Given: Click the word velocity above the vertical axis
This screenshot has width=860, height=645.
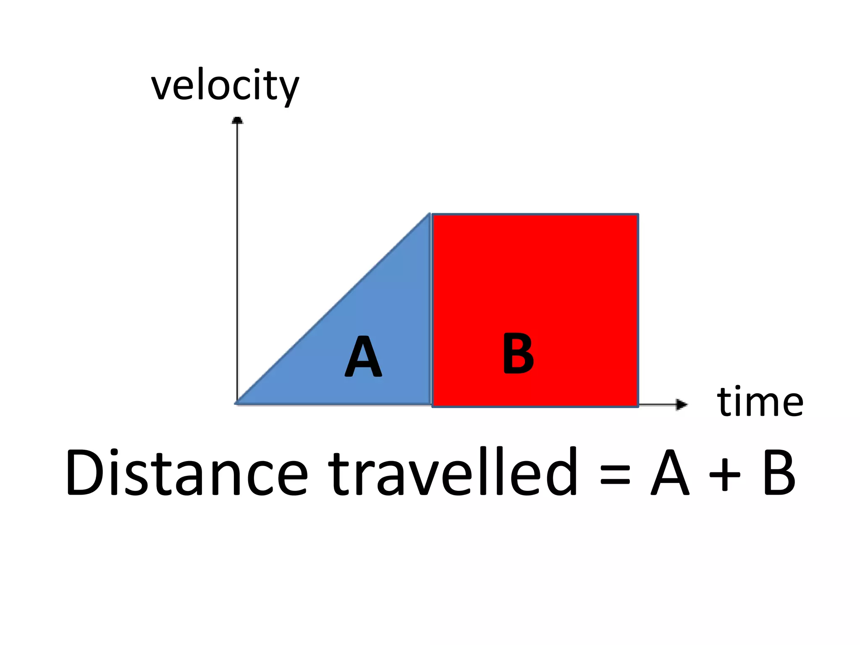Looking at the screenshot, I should pyautogui.click(x=225, y=86).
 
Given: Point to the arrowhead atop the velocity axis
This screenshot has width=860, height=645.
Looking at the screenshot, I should pyautogui.click(x=237, y=121).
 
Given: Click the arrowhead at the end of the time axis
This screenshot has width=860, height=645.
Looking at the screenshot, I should pyautogui.click(x=681, y=404).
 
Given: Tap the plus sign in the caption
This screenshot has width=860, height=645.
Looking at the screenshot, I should pyautogui.click(x=724, y=475).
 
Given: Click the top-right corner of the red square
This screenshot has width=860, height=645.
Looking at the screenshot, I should pyautogui.click(x=638, y=215).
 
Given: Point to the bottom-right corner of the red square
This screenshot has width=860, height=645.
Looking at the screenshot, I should pyautogui.click(x=638, y=406).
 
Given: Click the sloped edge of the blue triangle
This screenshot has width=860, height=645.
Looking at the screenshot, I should pyautogui.click(x=334, y=309).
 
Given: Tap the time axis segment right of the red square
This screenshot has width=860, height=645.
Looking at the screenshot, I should pyautogui.click(x=657, y=404).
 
